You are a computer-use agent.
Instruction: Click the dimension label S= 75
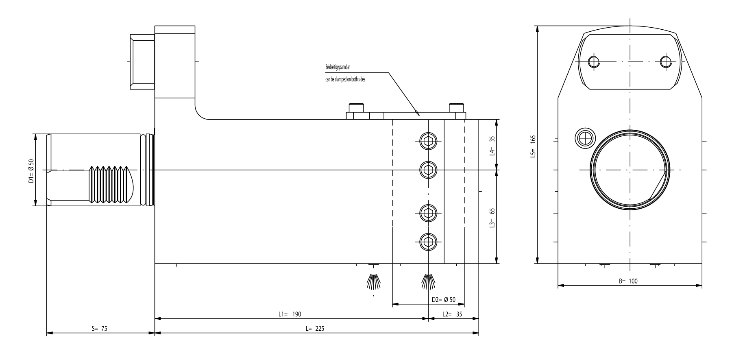coord(99,329)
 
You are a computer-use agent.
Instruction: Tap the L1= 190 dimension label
coord(290,314)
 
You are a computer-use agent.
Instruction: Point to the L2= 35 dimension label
coord(453,314)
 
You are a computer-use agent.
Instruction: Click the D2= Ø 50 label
coord(444,300)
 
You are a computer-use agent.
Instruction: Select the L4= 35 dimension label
coord(492,145)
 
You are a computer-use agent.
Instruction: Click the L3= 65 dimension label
coord(492,217)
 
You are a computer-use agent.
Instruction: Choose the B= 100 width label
coord(628,281)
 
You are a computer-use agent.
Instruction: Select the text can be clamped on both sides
coord(345,79)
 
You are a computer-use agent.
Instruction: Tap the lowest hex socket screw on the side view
coord(428,242)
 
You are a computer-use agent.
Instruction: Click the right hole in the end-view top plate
coord(665,62)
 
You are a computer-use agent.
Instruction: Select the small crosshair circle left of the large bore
coord(585,139)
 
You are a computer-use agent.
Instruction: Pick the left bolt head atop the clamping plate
coord(355,108)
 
